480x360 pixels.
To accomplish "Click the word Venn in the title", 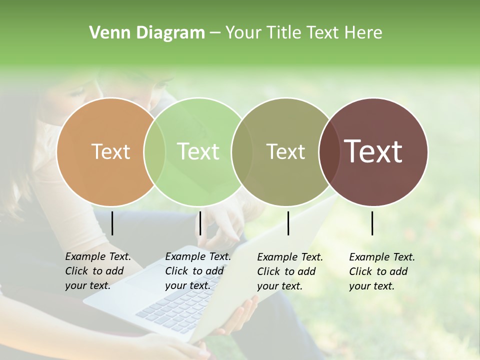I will (106, 33).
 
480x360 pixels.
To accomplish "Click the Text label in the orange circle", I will (110, 151).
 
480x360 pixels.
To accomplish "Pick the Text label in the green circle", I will (198, 151).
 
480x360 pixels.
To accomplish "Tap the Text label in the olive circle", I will (285, 151).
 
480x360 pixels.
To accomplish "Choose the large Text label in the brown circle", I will (373, 151).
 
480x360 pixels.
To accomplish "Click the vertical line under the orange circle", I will (112, 223).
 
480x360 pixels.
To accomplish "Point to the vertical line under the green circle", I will (200, 223).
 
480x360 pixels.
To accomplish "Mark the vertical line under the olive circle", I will (288, 223).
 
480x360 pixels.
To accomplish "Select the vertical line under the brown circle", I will (372, 223).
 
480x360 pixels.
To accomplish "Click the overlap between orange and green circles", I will (154, 151).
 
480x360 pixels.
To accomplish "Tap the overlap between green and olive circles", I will (242, 151).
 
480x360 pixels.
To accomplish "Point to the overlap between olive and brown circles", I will (329, 151).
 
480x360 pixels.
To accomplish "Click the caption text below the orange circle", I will (97, 271).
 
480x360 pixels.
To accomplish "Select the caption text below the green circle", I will (197, 271).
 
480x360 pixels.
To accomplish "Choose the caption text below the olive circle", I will (289, 271).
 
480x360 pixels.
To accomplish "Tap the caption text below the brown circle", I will (381, 271).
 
